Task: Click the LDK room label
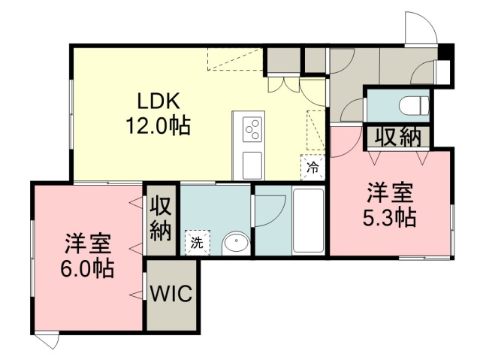pos(158,101)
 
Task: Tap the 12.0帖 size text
pos(158,126)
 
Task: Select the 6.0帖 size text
pos(87,268)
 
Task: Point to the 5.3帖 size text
pos(389,217)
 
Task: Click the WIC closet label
pos(171,293)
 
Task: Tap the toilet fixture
pos(414,105)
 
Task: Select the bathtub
pos(308,220)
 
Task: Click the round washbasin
pos(236,244)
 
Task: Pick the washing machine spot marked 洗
pos(198,243)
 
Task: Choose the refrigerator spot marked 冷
pos(312,168)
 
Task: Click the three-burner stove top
pos(252,129)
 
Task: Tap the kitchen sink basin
pos(252,165)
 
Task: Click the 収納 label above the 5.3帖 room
pos(398,137)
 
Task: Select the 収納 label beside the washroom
pos(161,220)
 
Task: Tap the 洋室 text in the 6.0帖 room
pos(87,244)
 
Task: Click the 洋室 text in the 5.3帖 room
pos(391,192)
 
